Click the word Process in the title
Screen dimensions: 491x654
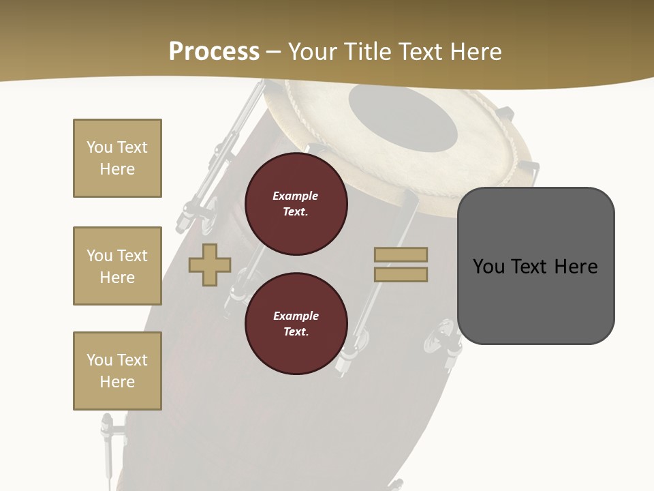pos(214,52)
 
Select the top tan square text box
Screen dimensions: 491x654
pos(117,158)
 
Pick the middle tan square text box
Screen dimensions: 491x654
pos(117,266)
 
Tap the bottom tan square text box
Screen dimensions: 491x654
pos(117,370)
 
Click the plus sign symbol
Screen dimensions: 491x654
pos(210,265)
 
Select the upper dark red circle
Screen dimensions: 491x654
pos(296,203)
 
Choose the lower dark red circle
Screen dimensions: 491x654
pos(296,323)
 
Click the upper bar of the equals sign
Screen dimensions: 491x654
pos(401,254)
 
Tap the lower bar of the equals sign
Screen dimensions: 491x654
pos(401,275)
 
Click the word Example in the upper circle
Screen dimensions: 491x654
pos(296,196)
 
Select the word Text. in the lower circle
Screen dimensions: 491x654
pos(296,332)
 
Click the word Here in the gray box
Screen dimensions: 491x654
pos(576,267)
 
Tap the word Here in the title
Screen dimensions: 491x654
pos(476,52)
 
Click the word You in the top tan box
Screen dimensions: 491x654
pos(99,147)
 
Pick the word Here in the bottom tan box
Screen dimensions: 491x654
pos(117,382)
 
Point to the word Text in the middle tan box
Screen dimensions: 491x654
pos(131,256)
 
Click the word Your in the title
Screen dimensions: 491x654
pos(314,52)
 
